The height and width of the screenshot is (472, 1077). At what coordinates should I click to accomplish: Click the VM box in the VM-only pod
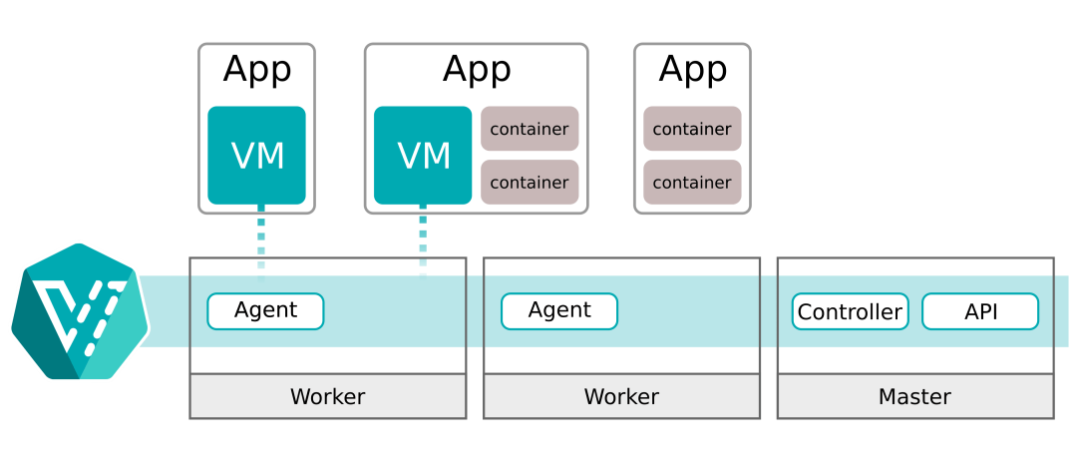256,156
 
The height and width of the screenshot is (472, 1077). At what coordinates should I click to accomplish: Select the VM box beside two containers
423,156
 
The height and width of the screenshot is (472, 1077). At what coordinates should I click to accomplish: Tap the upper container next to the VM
530,129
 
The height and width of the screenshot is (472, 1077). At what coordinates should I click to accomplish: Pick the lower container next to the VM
530,183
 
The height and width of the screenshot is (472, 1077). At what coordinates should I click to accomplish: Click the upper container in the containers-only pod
692,129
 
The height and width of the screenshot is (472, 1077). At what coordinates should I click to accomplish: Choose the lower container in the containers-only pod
692,183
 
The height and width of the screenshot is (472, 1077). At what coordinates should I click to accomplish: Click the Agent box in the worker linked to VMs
265,310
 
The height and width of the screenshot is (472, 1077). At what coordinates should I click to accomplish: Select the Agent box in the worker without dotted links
559,310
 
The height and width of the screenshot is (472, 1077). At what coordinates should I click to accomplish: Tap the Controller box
850,311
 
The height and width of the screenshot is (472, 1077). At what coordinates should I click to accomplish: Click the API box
980,311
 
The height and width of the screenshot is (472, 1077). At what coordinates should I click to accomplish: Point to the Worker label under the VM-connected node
327,397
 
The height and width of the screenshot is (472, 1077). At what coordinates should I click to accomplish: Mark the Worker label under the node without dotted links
621,397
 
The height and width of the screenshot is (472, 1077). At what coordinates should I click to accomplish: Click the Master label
914,397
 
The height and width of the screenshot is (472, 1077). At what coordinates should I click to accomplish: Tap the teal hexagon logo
79,310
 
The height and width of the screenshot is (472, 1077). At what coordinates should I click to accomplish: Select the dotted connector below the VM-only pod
261,237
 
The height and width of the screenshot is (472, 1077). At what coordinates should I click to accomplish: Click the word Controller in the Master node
850,311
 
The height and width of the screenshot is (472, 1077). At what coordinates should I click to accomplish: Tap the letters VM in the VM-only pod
257,156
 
